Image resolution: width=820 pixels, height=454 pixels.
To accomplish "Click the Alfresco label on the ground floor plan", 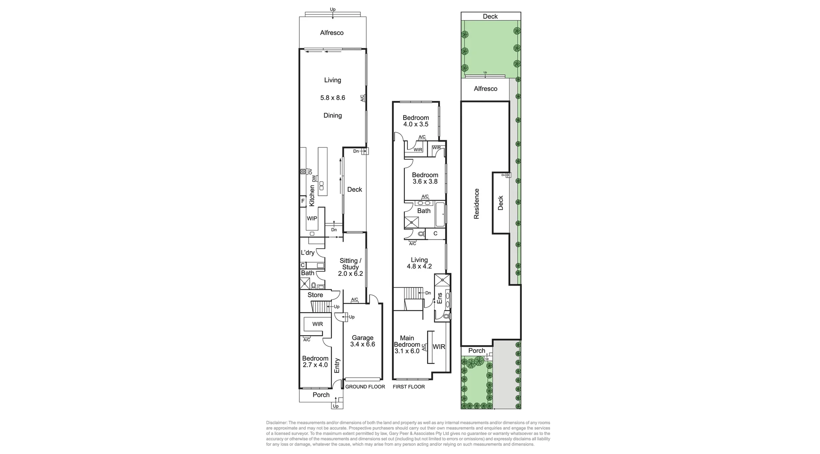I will click(331, 33).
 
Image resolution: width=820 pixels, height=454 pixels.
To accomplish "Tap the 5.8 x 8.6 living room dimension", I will click(333, 98).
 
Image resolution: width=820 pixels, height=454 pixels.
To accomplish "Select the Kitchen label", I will click(312, 196).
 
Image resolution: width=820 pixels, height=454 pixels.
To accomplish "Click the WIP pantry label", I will click(312, 218).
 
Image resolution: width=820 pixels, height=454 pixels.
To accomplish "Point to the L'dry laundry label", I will click(307, 253).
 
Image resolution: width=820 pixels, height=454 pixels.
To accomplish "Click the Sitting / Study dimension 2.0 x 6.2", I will click(350, 274).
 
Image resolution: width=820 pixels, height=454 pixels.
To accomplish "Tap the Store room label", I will click(315, 295).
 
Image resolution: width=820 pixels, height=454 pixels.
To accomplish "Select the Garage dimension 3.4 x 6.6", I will click(362, 344).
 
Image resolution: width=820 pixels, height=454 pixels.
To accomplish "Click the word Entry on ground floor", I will click(337, 366).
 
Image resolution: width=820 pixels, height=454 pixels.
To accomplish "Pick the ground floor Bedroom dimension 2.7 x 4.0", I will click(315, 365).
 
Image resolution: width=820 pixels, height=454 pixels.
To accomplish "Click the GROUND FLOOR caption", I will click(365, 387).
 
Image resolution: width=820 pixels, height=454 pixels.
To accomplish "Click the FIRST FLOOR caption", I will click(409, 387).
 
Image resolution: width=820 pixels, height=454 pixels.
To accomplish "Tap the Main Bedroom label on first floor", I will click(407, 341).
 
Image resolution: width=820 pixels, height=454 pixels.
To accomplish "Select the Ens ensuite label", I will click(439, 298).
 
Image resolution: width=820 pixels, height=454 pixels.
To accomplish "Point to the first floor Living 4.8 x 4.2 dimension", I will click(419, 267).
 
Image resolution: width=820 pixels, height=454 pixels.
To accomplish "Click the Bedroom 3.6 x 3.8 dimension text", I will click(425, 182).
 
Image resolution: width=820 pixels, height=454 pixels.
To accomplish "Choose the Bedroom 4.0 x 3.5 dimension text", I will click(416, 124).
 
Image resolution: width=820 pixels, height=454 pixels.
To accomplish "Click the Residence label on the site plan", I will click(477, 204).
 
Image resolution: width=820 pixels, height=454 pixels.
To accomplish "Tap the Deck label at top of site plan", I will click(490, 17).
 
